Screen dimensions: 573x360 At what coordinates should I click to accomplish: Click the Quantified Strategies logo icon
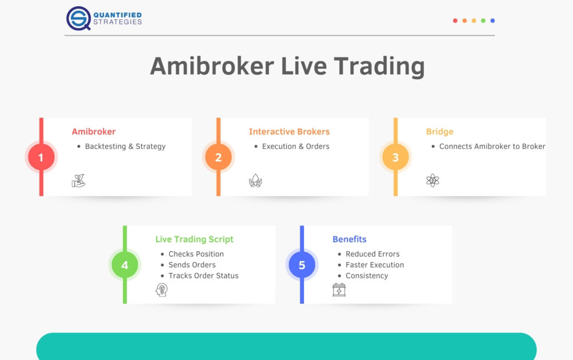78,18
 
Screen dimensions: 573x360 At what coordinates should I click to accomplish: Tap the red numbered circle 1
41,157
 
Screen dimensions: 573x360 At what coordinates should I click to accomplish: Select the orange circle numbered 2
218,157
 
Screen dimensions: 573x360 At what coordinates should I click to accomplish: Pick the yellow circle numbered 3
396,157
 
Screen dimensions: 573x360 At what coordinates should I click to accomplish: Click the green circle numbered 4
125,265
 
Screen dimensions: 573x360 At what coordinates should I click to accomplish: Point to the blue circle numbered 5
302,265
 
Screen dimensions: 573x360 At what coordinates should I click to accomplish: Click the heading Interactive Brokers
289,132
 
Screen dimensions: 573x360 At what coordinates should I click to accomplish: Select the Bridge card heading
440,132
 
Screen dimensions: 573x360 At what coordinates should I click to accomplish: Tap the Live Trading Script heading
194,240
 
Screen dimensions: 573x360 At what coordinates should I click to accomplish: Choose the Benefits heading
349,240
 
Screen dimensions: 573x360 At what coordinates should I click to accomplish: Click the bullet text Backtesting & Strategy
125,147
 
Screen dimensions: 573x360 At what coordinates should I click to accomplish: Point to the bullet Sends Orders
192,265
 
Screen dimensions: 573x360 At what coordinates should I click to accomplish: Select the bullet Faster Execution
374,265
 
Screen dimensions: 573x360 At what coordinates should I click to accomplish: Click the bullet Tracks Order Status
203,275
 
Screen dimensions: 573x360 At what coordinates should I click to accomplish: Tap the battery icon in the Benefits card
339,290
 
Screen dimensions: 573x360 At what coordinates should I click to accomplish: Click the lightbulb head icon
162,290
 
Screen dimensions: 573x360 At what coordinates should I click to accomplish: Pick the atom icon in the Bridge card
433,180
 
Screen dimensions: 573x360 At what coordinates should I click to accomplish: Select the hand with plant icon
78,180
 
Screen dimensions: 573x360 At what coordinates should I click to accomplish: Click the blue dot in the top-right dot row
492,21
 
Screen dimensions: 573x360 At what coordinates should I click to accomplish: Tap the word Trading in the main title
379,67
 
